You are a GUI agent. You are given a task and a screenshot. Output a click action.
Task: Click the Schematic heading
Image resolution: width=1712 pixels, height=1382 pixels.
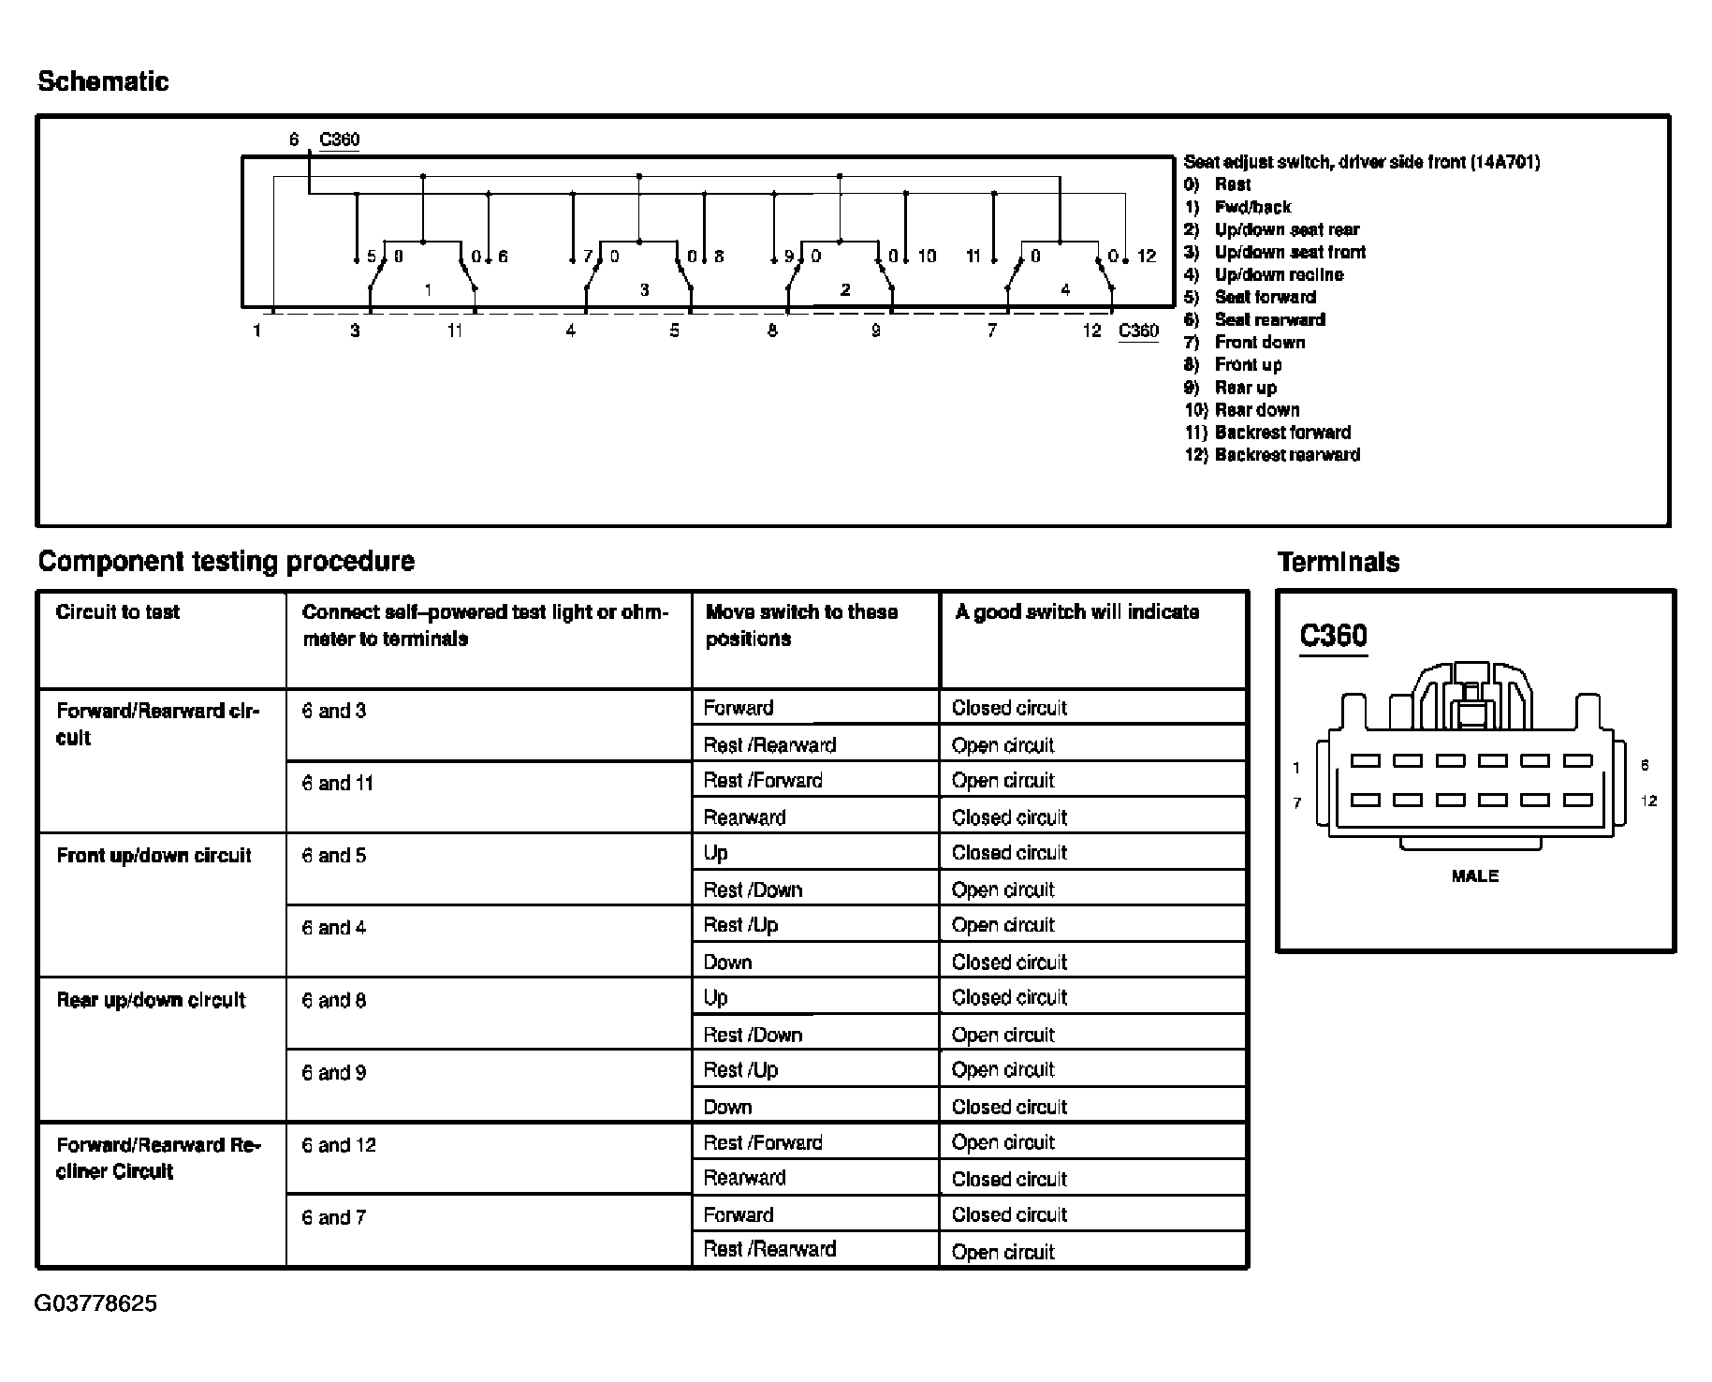(103, 81)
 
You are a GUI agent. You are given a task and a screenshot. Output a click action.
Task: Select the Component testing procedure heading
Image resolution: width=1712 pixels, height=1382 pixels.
(226, 561)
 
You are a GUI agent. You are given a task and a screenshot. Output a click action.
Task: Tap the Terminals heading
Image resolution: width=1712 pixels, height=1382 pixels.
(1339, 562)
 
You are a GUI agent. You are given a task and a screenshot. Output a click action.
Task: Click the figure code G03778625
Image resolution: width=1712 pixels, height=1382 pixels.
(95, 1303)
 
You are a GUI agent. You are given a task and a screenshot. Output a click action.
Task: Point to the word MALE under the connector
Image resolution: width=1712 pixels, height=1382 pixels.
(1474, 876)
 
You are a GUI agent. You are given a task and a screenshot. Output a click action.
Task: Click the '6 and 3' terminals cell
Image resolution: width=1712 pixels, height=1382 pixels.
(333, 711)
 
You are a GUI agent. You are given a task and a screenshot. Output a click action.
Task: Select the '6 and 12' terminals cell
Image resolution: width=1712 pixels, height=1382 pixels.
(338, 1145)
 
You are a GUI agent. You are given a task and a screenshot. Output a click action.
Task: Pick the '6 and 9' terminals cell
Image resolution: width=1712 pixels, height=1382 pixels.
(333, 1073)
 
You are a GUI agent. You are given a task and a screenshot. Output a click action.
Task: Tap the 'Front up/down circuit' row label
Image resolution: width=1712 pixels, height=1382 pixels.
(154, 855)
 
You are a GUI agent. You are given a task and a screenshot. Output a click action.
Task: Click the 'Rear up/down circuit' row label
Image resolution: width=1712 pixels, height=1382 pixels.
(151, 1000)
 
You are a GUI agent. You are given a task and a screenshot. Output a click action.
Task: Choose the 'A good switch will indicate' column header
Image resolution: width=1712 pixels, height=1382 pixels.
(1076, 612)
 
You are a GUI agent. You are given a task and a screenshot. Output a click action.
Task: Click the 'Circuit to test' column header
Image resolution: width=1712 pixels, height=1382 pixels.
(117, 612)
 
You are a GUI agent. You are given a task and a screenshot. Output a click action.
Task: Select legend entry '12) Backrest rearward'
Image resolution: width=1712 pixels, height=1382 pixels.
(1272, 455)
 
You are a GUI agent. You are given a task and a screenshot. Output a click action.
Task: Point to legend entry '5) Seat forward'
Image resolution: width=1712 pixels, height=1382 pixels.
(1250, 297)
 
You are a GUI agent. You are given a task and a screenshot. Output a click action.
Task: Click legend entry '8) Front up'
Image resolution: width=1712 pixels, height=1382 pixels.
(1233, 365)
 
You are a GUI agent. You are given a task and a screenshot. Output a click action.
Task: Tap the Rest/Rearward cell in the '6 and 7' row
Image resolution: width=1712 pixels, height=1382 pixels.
(769, 1249)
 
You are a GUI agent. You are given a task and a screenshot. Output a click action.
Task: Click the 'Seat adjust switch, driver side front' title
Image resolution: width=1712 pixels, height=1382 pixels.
(1361, 162)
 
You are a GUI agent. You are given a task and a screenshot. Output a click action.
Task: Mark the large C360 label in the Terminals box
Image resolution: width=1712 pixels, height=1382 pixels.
(1333, 636)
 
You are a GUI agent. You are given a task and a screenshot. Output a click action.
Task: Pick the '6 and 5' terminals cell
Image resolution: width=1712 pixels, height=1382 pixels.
(333, 856)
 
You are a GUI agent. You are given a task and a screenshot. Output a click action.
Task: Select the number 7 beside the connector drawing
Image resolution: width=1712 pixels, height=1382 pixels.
(1296, 802)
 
